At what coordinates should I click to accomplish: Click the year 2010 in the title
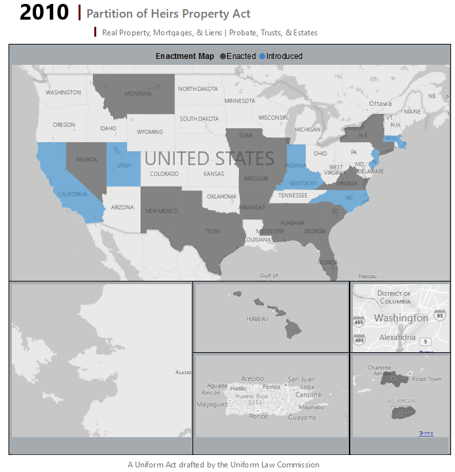[x=44, y=12]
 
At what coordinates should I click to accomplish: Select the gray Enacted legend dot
[x=223, y=56]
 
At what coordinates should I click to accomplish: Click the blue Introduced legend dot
[x=263, y=56]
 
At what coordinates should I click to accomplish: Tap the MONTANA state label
[x=137, y=94]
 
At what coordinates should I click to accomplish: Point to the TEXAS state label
[x=212, y=231]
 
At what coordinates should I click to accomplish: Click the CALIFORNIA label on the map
[x=72, y=194]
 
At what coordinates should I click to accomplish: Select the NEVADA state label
[x=86, y=159]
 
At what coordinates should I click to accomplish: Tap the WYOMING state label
[x=150, y=132]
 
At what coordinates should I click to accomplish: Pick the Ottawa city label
[x=380, y=103]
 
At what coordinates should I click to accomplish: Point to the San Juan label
[x=301, y=379]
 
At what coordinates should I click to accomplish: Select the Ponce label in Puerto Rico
[x=258, y=416]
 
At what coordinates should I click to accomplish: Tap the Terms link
[x=426, y=433]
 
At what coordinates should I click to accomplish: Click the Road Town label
[x=426, y=379]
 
